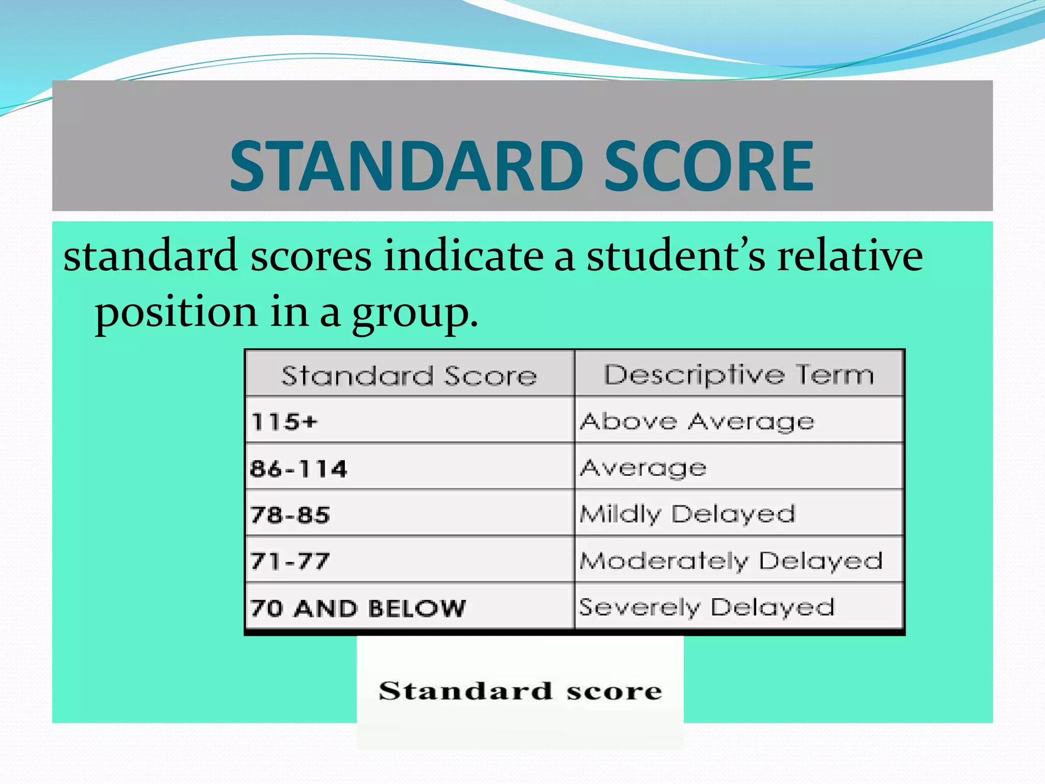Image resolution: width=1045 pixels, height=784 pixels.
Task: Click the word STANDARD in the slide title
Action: (407, 165)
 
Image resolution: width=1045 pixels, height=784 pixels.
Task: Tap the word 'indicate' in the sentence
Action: (463, 256)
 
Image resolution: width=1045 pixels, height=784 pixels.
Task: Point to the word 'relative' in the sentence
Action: (850, 256)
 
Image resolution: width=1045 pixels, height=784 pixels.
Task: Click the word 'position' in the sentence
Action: (176, 312)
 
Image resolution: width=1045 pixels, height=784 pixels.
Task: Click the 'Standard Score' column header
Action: (409, 376)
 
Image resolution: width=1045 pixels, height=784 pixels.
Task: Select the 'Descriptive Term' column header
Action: (739, 375)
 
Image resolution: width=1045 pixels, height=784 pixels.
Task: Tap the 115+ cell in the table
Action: (284, 422)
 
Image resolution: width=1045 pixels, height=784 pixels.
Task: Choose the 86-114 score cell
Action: (298, 469)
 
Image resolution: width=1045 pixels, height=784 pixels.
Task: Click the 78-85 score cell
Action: (290, 514)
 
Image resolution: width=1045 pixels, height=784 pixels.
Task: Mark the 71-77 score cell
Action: (290, 561)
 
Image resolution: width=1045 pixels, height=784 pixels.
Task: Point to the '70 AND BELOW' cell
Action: (358, 608)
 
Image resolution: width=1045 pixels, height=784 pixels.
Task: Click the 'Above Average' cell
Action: (697, 422)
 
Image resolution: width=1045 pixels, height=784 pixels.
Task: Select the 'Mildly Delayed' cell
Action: (687, 514)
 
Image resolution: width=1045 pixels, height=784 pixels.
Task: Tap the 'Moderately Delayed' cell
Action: (731, 561)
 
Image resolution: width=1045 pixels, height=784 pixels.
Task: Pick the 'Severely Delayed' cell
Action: (707, 607)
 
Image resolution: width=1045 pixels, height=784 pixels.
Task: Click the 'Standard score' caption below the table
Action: (520, 691)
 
